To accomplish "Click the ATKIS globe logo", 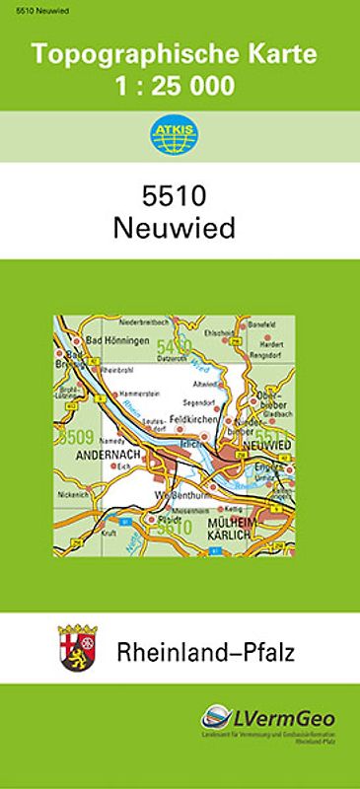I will coord(180,136).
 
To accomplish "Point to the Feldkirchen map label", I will coord(193,419).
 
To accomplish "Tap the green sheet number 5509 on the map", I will coord(77,436).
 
